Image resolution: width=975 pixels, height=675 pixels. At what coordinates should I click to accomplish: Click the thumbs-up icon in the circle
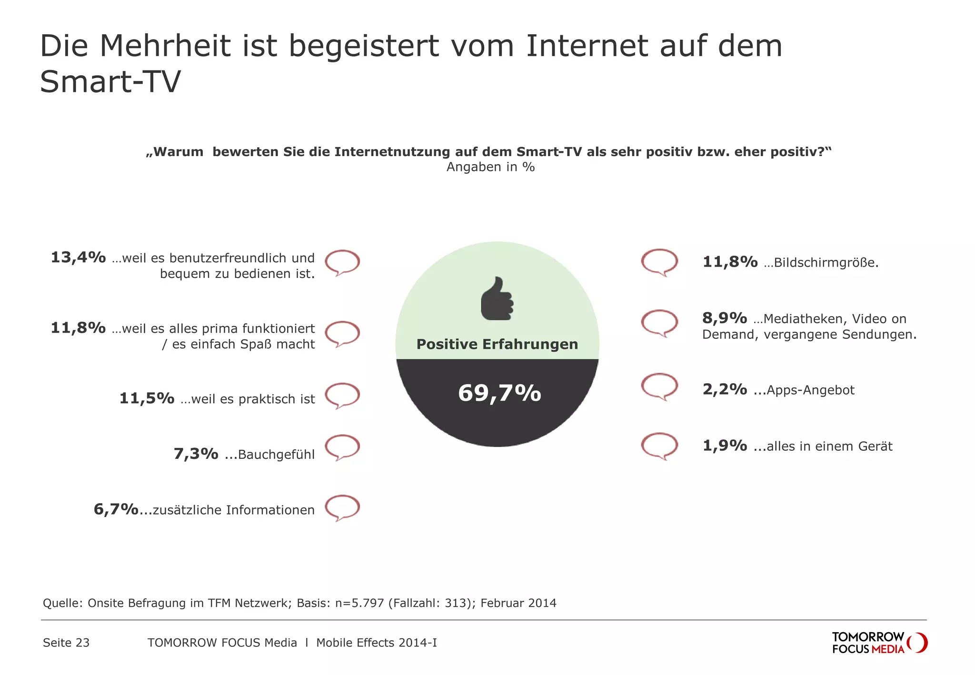497,298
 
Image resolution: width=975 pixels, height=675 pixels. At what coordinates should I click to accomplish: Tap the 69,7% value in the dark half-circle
499,393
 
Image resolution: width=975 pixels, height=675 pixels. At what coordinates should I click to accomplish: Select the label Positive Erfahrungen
497,344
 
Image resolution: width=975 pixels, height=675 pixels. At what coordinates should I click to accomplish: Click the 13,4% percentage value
78,258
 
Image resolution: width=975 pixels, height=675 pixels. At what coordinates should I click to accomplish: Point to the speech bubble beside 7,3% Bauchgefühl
342,447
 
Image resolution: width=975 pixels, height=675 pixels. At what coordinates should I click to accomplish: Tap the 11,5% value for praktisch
147,398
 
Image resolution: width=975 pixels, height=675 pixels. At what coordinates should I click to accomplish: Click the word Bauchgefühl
276,455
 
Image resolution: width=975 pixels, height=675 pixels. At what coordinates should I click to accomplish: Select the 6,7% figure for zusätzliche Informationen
116,509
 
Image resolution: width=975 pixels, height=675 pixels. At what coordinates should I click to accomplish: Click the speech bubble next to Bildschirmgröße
659,262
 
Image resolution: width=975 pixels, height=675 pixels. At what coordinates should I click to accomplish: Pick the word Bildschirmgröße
826,263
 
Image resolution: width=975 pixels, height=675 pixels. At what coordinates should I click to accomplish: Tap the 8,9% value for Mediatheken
724,318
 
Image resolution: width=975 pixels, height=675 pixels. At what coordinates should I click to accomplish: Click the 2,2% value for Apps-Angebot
724,389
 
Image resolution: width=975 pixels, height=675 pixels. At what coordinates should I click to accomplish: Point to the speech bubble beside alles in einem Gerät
659,446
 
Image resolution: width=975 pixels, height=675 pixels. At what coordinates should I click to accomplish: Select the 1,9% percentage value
724,446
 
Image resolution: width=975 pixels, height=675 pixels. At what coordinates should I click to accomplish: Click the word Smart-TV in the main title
110,82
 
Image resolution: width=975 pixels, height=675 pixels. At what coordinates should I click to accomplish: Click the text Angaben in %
490,167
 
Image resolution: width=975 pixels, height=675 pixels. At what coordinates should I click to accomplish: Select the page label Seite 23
66,643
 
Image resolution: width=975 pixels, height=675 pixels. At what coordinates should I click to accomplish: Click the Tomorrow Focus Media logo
879,643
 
